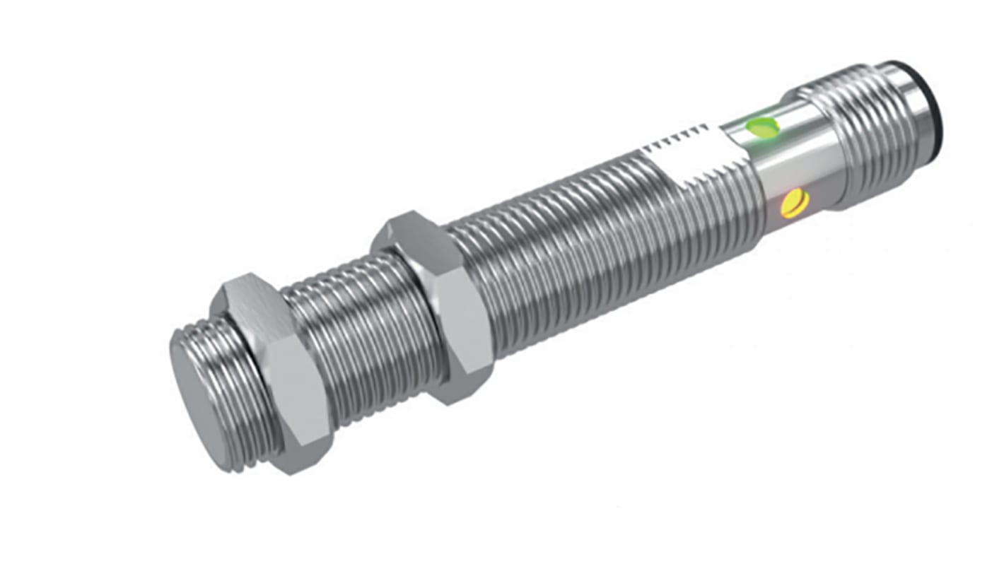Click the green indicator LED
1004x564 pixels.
[x=762, y=128]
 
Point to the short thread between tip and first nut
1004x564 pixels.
[x=240, y=382]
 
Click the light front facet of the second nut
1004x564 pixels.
[x=463, y=325]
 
